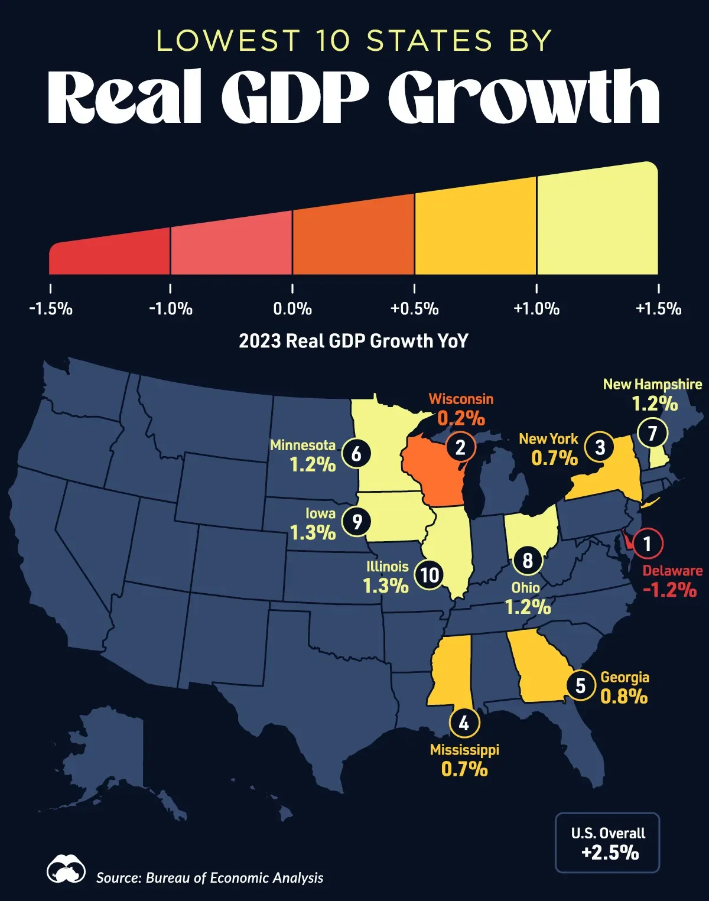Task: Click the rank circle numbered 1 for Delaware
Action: coord(647,543)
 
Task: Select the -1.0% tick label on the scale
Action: coord(170,308)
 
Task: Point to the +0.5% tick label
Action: coord(414,308)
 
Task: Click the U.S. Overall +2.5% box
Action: coord(607,843)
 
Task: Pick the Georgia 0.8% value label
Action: coord(624,697)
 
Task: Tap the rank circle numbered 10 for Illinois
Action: coord(430,574)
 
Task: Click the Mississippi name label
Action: coord(464,750)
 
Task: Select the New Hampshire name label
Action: coord(652,384)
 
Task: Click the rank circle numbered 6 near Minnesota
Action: coord(356,454)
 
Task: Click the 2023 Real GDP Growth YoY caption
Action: coord(353,341)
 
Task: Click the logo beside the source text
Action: coord(66,869)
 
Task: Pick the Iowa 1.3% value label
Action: coord(313,533)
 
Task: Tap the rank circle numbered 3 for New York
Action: coord(600,448)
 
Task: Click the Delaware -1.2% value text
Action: coord(669,590)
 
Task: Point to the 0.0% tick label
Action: coord(292,308)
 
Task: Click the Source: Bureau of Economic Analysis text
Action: coord(210,878)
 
